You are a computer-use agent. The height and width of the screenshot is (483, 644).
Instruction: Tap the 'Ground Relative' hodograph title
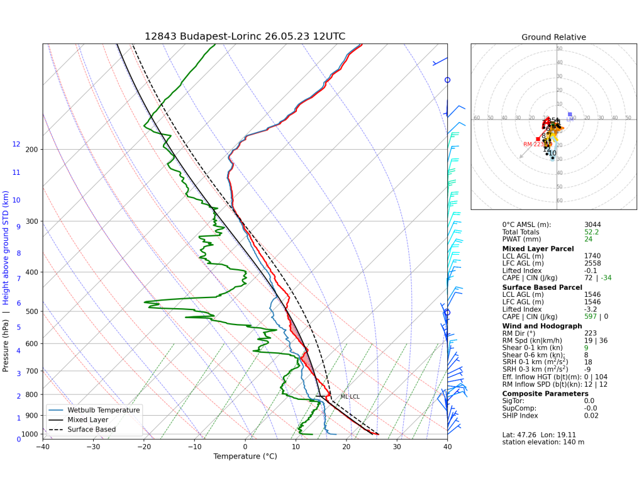[x=553, y=37]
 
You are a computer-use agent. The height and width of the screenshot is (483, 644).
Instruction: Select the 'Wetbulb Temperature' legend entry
[x=103, y=410]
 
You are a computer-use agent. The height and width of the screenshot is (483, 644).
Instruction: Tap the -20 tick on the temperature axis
[x=144, y=447]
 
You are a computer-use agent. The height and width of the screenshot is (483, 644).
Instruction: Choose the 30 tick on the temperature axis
[x=397, y=447]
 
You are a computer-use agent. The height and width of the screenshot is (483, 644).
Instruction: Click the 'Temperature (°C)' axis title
[x=245, y=457]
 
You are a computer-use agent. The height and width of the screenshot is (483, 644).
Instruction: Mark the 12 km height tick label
[x=16, y=145]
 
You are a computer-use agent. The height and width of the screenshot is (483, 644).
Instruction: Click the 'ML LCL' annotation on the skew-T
[x=350, y=397]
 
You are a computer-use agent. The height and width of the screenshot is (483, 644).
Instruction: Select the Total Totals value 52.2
[x=591, y=232]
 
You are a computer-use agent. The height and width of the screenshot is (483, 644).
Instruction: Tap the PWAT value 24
[x=588, y=240]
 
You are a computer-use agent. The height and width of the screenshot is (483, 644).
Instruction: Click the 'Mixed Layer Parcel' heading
[x=538, y=248]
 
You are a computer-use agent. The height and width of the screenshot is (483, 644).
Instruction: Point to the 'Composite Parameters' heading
[x=545, y=394]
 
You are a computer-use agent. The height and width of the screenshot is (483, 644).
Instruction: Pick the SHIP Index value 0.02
[x=591, y=416]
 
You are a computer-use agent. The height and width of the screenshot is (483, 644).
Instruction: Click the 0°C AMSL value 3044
[x=593, y=225]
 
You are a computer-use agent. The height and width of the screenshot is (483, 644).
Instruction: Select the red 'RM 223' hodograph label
[x=533, y=144]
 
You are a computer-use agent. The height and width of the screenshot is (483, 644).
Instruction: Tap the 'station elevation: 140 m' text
[x=543, y=442]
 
